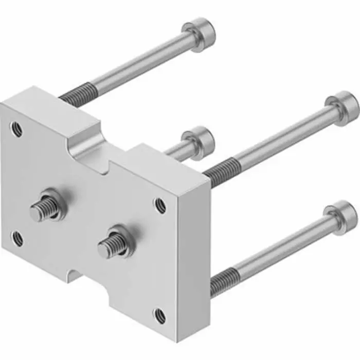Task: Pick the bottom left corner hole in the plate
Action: click(x=17, y=237)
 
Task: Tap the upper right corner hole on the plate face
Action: click(x=161, y=205)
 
